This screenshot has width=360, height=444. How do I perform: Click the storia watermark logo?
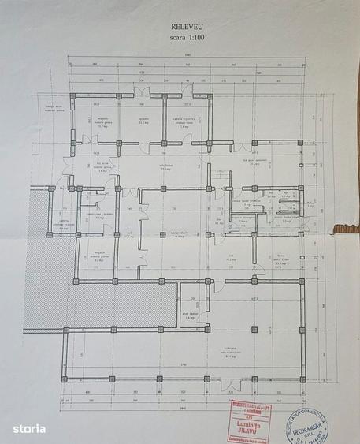coord(28,427)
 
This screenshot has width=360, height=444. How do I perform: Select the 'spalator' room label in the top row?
coord(143,121)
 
